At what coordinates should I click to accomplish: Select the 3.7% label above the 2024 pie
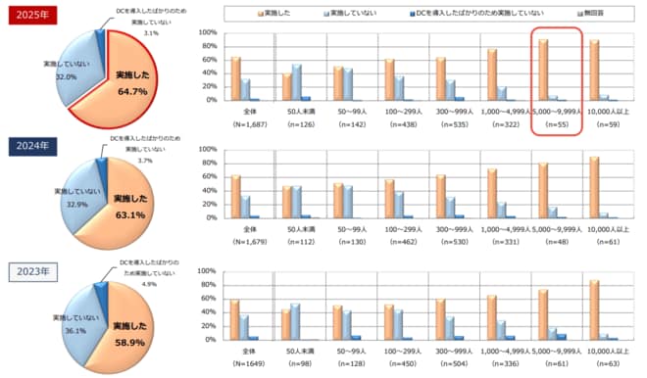point(146,160)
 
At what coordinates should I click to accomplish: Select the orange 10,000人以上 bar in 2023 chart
point(594,309)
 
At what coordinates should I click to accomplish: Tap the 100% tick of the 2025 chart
point(208,32)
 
